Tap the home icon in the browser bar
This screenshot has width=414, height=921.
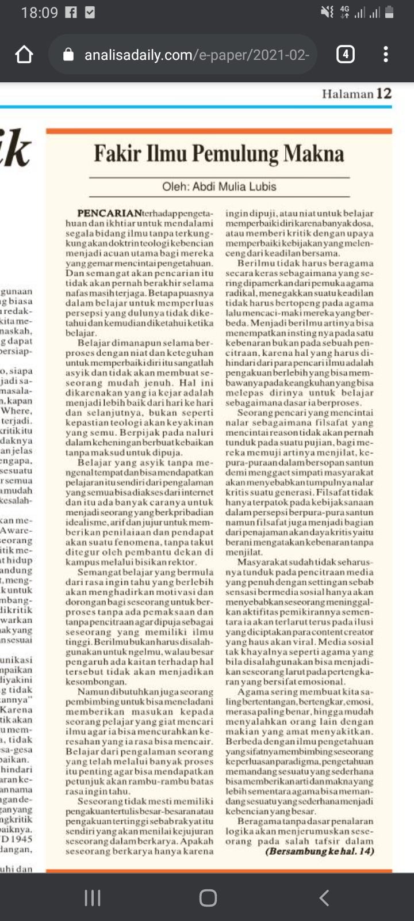[24, 55]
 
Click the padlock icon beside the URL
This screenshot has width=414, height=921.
[68, 55]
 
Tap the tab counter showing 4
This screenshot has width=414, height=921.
[345, 55]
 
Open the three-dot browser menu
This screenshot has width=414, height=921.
[385, 55]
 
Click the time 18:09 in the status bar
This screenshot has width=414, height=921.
[39, 12]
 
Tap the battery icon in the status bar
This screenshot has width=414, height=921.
[389, 12]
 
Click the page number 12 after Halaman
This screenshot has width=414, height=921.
[384, 93]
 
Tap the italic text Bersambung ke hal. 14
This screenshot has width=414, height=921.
[320, 851]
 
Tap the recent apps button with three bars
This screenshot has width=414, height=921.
[93, 897]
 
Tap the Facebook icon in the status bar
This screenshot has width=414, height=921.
[71, 12]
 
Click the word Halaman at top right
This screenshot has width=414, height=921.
[347, 94]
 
